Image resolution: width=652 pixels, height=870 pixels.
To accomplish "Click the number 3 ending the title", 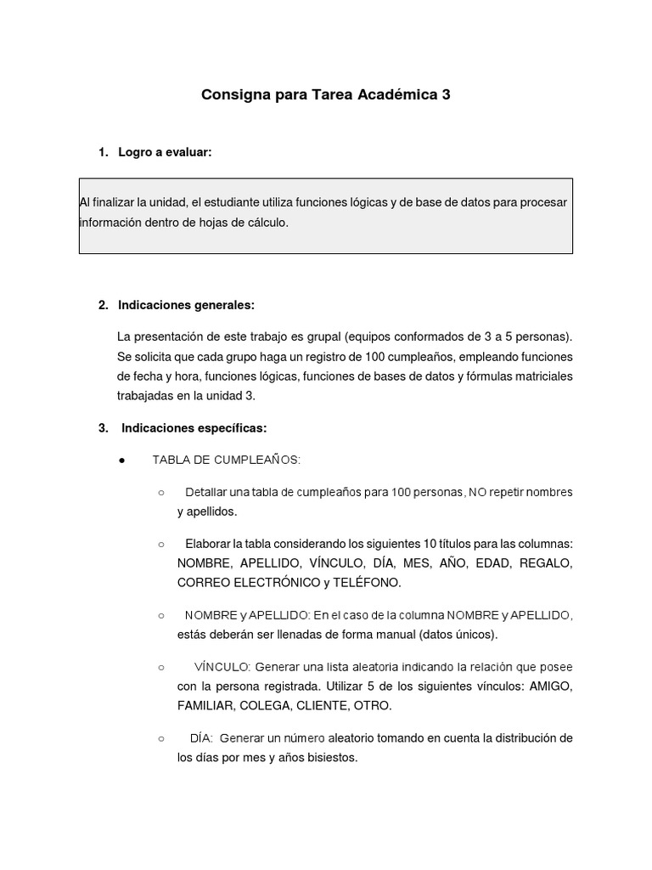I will point(446,95).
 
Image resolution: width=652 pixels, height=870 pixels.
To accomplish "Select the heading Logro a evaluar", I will point(165,152).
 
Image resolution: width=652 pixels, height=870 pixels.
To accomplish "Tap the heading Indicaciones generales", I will point(186,305).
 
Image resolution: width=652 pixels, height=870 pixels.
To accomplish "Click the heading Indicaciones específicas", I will point(194,428).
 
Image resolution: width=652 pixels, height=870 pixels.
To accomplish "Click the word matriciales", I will point(540,376).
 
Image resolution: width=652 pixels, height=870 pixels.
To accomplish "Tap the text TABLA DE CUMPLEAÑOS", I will point(226,460).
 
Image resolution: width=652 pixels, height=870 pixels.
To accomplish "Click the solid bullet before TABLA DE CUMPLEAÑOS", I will point(122,460).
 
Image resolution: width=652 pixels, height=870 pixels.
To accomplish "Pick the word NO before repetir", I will point(476,492).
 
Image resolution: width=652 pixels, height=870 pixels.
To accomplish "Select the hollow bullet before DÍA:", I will point(160,738).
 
